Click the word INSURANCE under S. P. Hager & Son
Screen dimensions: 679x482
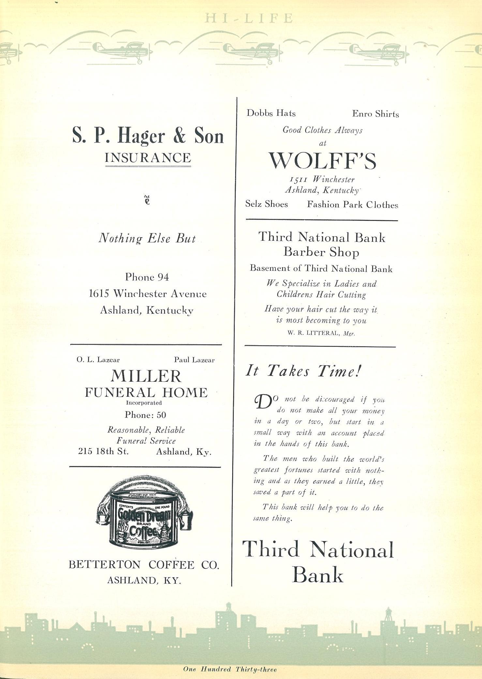click(x=148, y=158)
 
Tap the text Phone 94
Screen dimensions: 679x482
click(x=147, y=277)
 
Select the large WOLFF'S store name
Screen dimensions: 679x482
click(x=322, y=161)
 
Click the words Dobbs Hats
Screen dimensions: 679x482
click(x=271, y=113)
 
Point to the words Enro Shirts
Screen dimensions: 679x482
click(x=375, y=114)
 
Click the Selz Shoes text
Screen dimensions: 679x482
click(x=266, y=204)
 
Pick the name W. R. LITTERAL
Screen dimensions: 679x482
click(x=313, y=333)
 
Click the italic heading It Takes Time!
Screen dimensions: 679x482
click(x=303, y=371)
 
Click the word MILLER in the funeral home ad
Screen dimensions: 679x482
click(x=146, y=376)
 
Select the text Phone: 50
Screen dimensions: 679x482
click(x=145, y=415)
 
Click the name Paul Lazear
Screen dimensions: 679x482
click(x=194, y=360)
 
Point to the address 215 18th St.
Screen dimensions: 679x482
click(x=103, y=452)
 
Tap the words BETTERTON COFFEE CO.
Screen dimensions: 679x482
click(x=144, y=565)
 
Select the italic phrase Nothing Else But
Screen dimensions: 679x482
click(x=147, y=239)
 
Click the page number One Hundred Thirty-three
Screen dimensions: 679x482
click(x=230, y=669)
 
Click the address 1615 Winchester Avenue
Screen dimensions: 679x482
click(x=148, y=294)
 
